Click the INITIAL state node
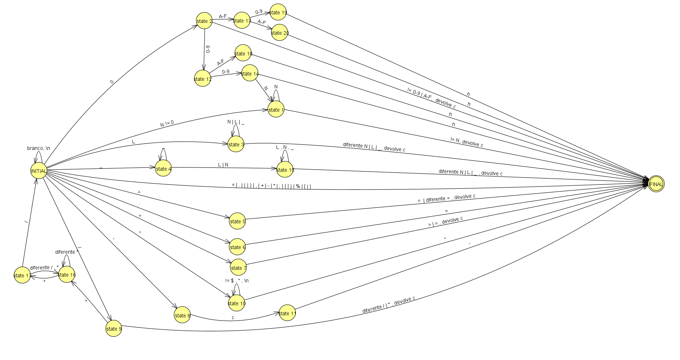[x=39, y=171]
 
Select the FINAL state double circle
[x=656, y=184]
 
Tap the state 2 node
[x=204, y=21]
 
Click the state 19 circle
[x=278, y=12]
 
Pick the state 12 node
[x=202, y=79]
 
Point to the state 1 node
[x=276, y=110]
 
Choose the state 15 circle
[x=285, y=170]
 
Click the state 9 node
[x=114, y=329]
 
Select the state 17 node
[x=22, y=275]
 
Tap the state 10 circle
[x=236, y=303]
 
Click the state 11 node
[x=287, y=313]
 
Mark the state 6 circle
[x=238, y=247]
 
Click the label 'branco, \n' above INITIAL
[x=39, y=148]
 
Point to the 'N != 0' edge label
[x=167, y=123]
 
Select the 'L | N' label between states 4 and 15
[x=223, y=165]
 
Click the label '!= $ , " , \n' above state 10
[x=237, y=281]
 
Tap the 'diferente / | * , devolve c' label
[x=388, y=304]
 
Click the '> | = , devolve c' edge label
[x=445, y=222]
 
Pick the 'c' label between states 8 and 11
[x=233, y=317]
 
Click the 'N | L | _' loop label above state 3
[x=236, y=122]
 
